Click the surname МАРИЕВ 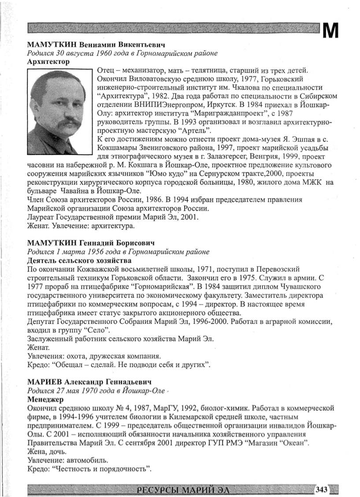pyautogui.click(x=45, y=382)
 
